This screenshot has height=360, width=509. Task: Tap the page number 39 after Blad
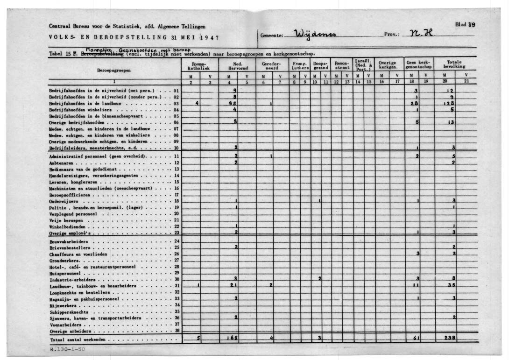(471, 25)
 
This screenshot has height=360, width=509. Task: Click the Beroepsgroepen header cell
(114, 71)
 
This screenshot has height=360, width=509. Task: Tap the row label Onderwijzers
(62, 201)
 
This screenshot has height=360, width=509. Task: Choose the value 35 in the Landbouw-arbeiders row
(451, 285)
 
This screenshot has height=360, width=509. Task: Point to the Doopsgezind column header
(320, 65)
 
